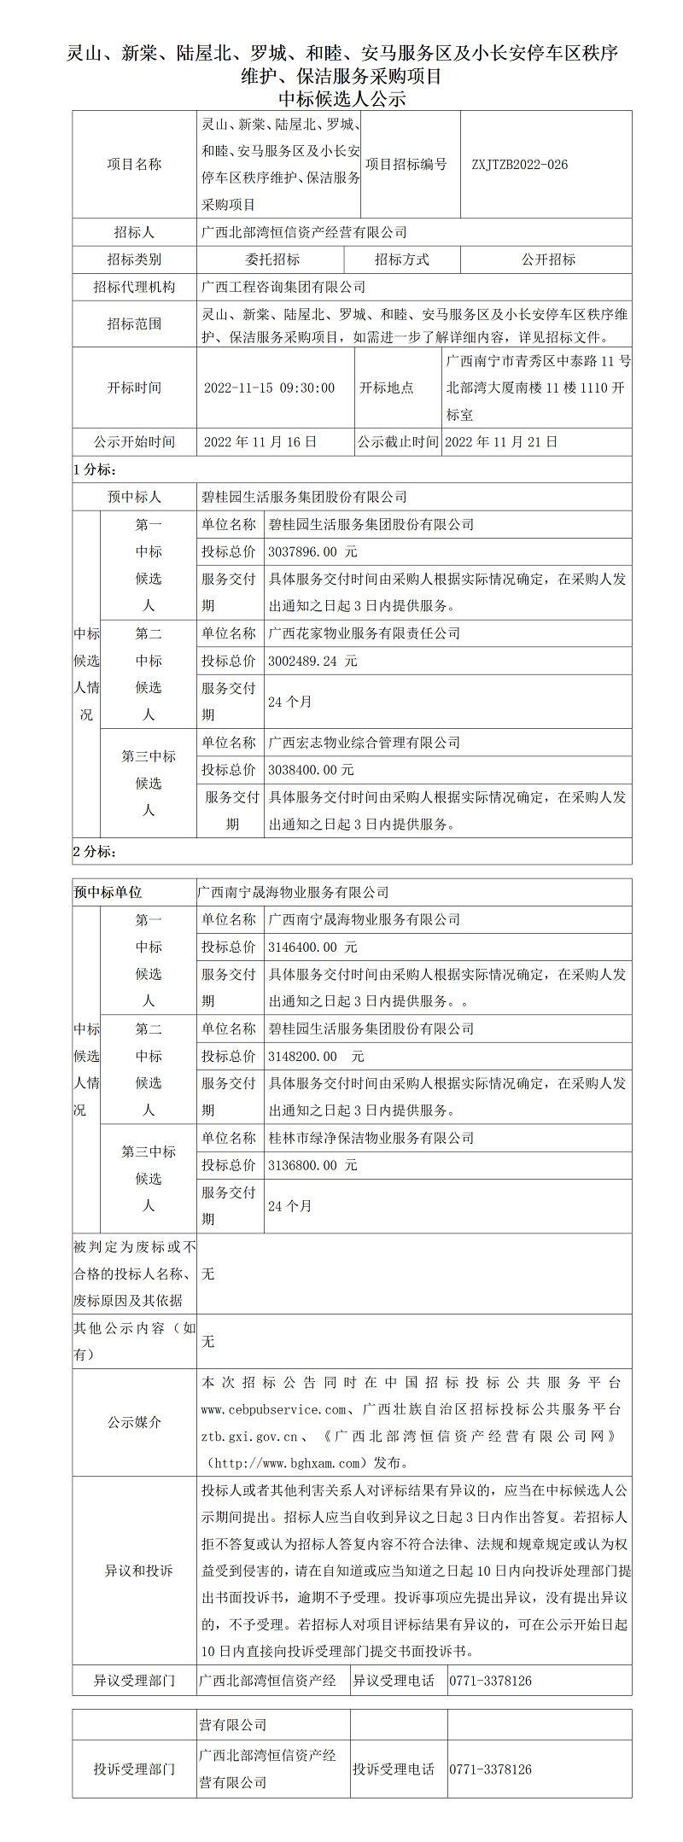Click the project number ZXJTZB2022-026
coord(519,165)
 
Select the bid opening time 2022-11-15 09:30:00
coord(269,388)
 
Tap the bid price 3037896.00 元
coord(312,551)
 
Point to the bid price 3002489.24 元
coord(312,661)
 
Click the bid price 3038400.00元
coord(311,770)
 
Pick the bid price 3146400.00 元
coord(312,947)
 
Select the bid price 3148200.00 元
coord(316,1056)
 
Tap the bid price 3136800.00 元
coord(312,1165)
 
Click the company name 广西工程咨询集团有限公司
coord(283,287)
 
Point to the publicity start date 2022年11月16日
coord(260,442)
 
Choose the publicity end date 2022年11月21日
coord(501,442)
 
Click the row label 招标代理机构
coord(134,287)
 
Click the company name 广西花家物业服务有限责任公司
coord(365,633)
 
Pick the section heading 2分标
coord(95,852)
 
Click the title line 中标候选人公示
coord(341,99)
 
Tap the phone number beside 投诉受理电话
coord(490,1769)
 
